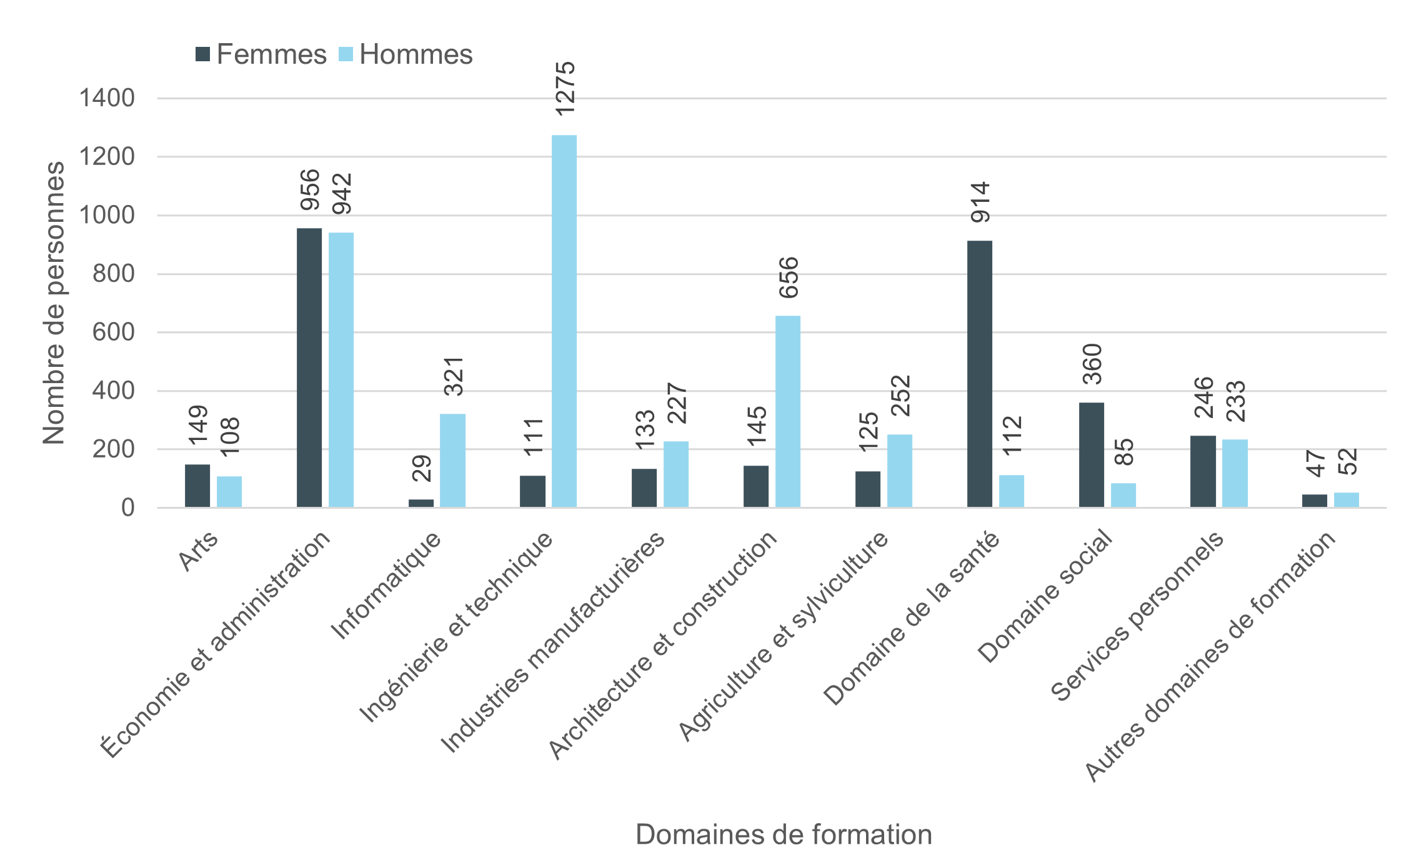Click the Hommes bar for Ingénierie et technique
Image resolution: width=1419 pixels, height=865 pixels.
click(x=564, y=321)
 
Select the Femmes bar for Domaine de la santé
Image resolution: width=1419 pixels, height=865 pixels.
click(x=979, y=374)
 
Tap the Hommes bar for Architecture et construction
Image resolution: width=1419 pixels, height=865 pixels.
click(x=787, y=411)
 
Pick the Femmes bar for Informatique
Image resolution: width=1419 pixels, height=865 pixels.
click(x=421, y=503)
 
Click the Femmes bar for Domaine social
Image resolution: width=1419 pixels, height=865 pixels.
click(x=1091, y=454)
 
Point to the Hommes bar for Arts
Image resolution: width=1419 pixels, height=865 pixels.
click(x=229, y=491)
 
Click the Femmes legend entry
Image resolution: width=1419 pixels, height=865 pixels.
click(x=261, y=54)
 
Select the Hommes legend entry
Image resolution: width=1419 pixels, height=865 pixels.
click(x=406, y=54)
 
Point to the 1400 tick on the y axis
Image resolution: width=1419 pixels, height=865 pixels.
click(x=107, y=98)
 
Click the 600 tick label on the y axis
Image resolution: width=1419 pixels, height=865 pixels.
click(x=113, y=332)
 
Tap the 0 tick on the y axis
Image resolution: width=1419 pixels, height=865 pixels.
click(x=127, y=507)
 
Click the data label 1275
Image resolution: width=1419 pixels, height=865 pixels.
click(x=565, y=88)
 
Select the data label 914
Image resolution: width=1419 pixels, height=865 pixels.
click(x=980, y=202)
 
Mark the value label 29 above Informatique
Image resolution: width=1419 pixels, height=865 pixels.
click(x=422, y=468)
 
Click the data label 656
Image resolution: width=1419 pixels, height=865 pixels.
click(x=789, y=277)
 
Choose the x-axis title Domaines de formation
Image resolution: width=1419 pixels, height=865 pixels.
click(x=784, y=834)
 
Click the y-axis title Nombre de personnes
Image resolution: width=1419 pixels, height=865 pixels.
click(x=54, y=303)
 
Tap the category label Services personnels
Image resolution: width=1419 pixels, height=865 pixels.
click(x=1137, y=616)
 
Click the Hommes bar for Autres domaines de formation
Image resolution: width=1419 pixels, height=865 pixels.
click(x=1346, y=500)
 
